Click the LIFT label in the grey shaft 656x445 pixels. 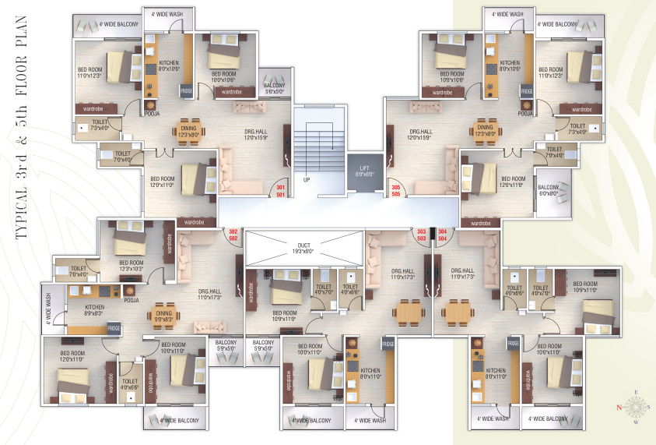click(363, 168)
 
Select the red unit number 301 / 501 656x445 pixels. click(281, 191)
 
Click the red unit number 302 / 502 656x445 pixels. click(232, 235)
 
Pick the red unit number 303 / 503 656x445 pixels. click(422, 235)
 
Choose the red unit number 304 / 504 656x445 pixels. click(443, 235)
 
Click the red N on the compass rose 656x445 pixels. click(620, 407)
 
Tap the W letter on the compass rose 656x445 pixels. click(637, 423)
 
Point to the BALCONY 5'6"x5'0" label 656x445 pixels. click(274, 88)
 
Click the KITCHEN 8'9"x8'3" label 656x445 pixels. click(83, 310)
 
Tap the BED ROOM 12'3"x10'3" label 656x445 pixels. click(132, 266)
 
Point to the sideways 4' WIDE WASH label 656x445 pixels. click(48, 309)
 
